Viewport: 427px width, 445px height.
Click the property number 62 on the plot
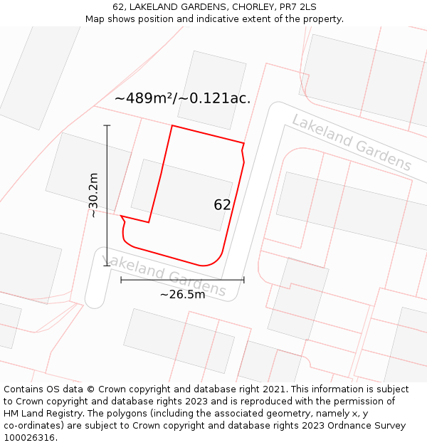[222, 205]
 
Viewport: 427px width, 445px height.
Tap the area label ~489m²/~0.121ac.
[182, 99]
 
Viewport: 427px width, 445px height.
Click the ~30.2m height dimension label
[93, 195]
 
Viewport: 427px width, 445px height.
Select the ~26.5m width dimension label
[182, 294]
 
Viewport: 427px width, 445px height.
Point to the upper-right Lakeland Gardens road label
[351, 142]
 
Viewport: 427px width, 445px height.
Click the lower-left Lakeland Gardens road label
[164, 276]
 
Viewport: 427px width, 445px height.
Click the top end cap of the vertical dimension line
[107, 126]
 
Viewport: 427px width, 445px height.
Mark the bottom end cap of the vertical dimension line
[107, 266]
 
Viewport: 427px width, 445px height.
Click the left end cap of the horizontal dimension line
[121, 280]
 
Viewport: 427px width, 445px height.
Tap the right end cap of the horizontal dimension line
[244, 280]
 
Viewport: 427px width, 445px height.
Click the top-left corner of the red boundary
[172, 126]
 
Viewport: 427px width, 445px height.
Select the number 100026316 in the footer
[29, 437]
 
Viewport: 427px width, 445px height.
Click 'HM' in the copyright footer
[12, 413]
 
